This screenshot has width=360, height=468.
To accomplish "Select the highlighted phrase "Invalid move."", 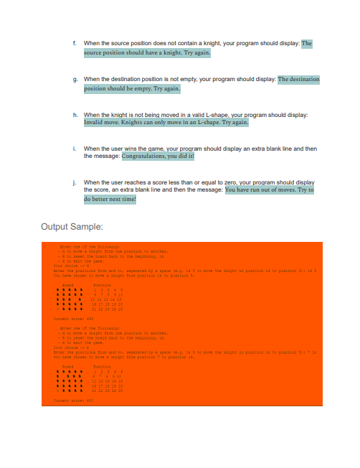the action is coord(105,123).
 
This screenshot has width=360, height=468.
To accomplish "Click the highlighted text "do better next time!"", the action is coord(110,200).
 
